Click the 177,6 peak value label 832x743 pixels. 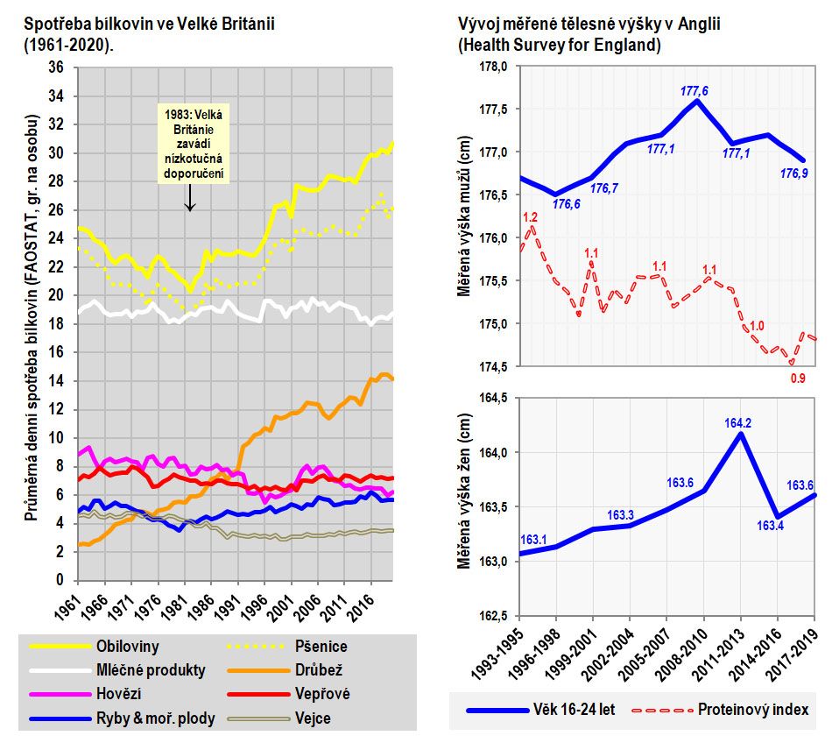(x=695, y=90)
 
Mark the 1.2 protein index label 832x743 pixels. (x=530, y=217)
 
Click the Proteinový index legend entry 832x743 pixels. (x=752, y=709)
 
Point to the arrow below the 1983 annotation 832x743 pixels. (x=190, y=200)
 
